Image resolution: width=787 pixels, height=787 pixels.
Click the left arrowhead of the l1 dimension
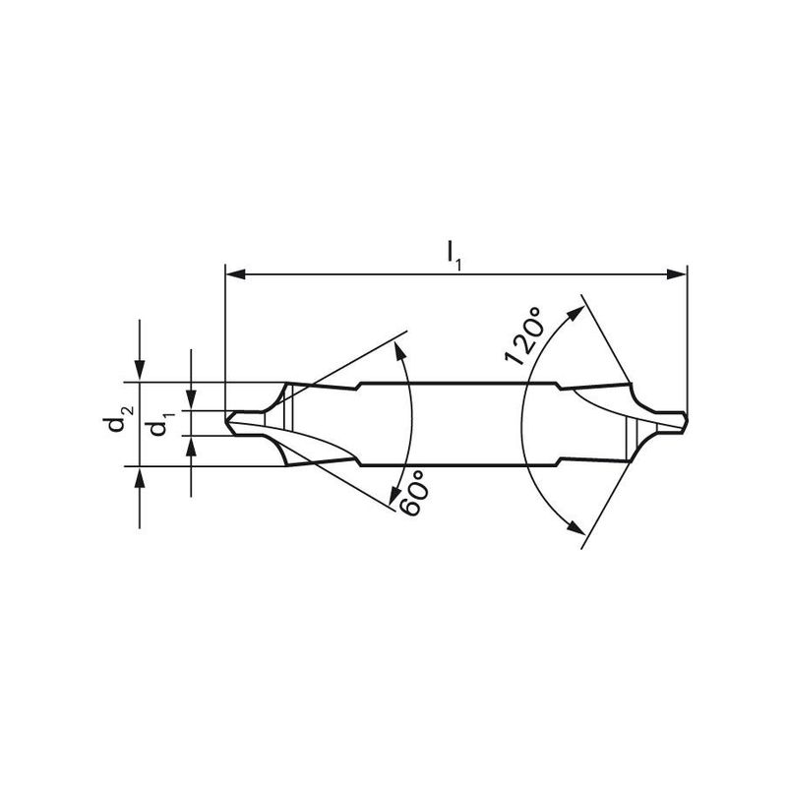pos(235,274)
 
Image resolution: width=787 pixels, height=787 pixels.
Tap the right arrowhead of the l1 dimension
pos(676,274)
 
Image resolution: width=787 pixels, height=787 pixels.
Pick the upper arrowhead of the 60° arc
pos(400,351)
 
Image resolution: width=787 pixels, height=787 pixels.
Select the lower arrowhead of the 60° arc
pos(395,495)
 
